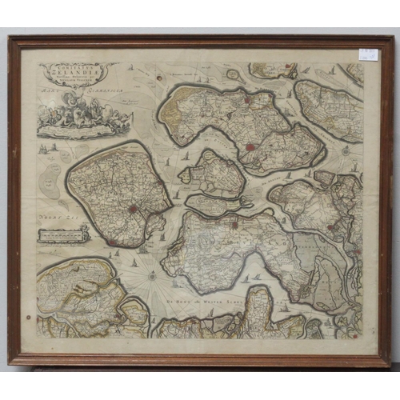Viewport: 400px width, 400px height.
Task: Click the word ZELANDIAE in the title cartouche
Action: (x=78, y=78)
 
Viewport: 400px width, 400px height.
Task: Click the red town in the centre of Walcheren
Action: (x=134, y=210)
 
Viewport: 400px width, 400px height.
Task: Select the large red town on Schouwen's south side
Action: (x=252, y=147)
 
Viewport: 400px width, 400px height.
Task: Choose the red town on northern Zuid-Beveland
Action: (x=234, y=226)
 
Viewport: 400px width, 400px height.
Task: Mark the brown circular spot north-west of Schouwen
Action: (x=160, y=78)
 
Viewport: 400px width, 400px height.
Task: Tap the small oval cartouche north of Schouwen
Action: (x=233, y=74)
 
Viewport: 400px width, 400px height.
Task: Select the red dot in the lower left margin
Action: (x=29, y=317)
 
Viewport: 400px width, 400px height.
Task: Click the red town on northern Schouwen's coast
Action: (x=247, y=100)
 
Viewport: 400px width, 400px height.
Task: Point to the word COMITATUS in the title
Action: (x=78, y=69)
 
